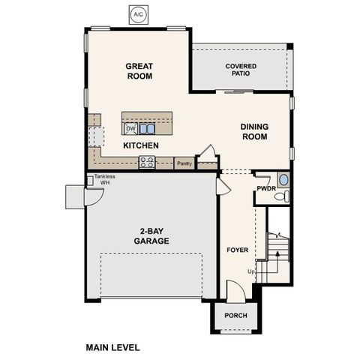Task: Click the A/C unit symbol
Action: (138, 14)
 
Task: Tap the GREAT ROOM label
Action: (139, 71)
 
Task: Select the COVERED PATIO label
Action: (241, 70)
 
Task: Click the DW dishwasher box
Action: (130, 128)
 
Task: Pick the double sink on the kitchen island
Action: (146, 128)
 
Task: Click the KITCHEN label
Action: (139, 145)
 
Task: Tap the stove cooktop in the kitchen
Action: (147, 161)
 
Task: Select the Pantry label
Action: (184, 163)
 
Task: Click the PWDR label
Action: (266, 188)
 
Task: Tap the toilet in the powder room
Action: (281, 196)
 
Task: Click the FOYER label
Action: (238, 248)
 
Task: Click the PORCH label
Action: (236, 315)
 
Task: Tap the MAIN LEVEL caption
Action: (112, 347)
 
